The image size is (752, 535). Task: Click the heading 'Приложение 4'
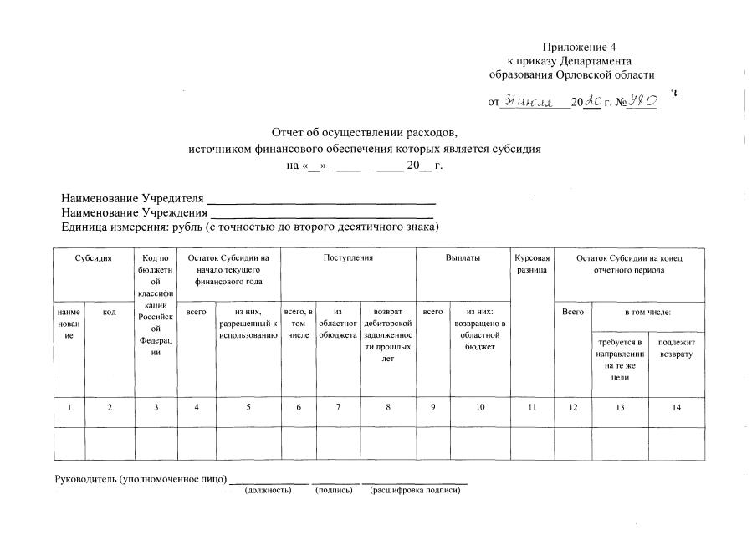click(x=579, y=47)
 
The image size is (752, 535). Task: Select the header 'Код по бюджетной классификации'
click(x=156, y=306)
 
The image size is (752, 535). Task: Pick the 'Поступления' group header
click(x=348, y=258)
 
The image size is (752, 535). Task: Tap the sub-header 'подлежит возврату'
click(x=677, y=349)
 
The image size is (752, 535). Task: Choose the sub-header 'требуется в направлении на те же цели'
click(x=620, y=360)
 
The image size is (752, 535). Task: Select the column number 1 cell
click(x=70, y=407)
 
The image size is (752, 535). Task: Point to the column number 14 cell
click(x=677, y=407)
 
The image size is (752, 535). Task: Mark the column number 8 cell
click(x=388, y=407)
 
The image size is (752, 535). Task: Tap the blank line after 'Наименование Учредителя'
click(x=321, y=201)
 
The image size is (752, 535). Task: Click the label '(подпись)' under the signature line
click(x=333, y=490)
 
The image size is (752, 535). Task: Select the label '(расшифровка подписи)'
click(x=415, y=490)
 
